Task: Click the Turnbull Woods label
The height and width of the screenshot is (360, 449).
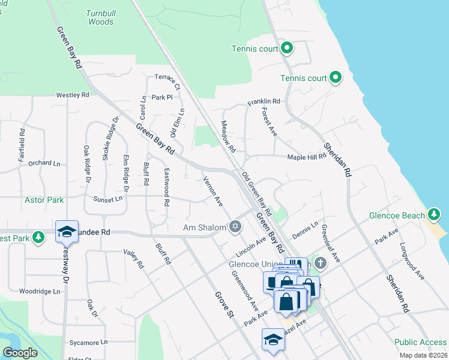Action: click(x=100, y=17)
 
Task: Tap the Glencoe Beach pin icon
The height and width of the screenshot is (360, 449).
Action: click(x=435, y=215)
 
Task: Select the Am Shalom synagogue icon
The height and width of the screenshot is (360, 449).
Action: click(x=235, y=227)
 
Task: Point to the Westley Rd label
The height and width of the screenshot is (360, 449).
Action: click(x=72, y=95)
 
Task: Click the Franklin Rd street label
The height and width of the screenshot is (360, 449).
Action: click(x=264, y=101)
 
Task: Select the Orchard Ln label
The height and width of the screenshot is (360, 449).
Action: click(x=44, y=163)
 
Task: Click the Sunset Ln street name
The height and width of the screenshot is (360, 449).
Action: click(x=108, y=199)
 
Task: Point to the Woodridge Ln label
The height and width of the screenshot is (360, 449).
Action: click(x=40, y=291)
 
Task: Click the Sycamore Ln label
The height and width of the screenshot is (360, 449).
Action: click(x=88, y=342)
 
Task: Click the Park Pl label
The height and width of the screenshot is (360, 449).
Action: click(x=162, y=97)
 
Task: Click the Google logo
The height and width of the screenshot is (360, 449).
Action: click(x=20, y=353)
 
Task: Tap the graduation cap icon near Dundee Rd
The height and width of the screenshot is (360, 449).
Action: click(x=67, y=231)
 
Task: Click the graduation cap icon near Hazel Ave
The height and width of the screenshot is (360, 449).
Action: click(x=273, y=339)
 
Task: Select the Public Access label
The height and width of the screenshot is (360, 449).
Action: click(x=420, y=343)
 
